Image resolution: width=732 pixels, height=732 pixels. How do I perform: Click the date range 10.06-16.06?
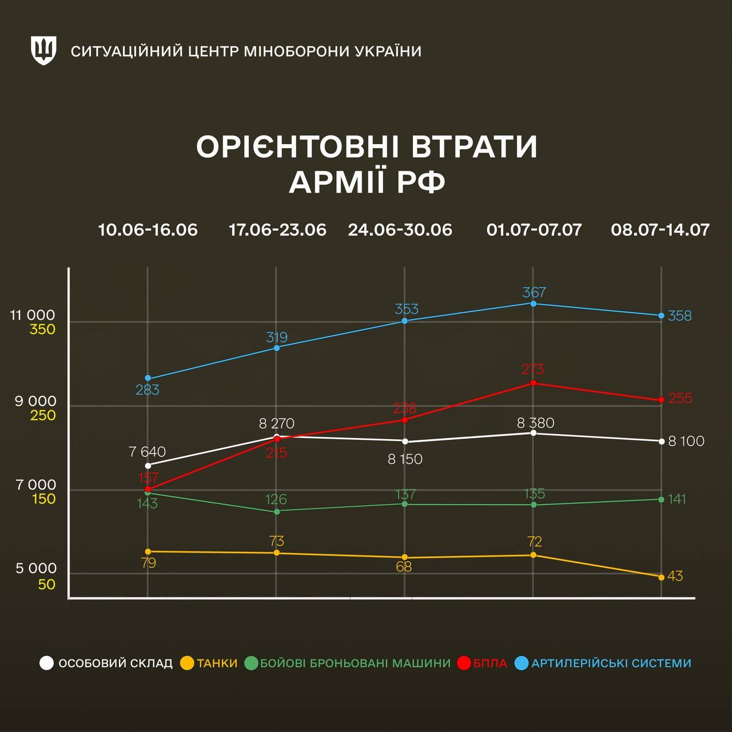(148, 230)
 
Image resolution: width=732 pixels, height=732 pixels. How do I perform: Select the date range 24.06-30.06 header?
(400, 230)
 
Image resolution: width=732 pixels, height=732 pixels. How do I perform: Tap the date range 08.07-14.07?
(660, 230)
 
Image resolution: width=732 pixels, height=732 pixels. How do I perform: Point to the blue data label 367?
(534, 292)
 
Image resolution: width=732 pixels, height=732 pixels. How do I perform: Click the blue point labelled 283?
(148, 378)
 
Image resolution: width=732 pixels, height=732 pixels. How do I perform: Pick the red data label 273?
(532, 369)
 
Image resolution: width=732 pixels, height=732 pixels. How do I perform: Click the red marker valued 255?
(662, 400)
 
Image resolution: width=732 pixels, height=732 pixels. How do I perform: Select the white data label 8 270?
(276, 424)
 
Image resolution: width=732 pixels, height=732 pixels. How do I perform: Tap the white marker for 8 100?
(662, 441)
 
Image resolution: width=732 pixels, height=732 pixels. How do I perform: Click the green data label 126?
(276, 499)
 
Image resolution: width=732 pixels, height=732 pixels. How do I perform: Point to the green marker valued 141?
(662, 499)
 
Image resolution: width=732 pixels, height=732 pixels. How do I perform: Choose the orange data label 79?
(148, 563)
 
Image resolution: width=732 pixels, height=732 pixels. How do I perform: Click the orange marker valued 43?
(662, 577)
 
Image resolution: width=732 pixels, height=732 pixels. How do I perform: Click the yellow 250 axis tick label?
(43, 415)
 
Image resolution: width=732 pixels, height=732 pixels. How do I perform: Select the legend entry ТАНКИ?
(217, 663)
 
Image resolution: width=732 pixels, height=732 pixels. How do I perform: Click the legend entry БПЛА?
(490, 663)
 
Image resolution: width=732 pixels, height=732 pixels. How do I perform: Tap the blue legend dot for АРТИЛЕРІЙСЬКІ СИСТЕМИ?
(521, 663)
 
